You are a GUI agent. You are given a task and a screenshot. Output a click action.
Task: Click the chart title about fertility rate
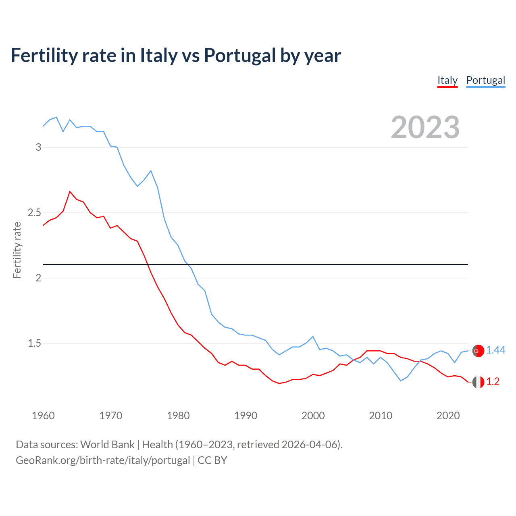pyautogui.click(x=176, y=55)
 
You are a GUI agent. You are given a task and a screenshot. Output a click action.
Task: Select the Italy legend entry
pyautogui.click(x=447, y=80)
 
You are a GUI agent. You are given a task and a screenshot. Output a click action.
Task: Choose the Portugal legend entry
pyautogui.click(x=485, y=80)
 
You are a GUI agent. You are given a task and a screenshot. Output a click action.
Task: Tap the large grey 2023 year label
pyautogui.click(x=425, y=127)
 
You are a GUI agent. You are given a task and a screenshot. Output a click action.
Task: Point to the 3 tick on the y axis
pyautogui.click(x=39, y=147)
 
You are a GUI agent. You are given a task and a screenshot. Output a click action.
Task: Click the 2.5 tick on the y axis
pyautogui.click(x=35, y=212)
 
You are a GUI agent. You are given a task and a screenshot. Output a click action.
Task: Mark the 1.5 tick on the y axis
pyautogui.click(x=35, y=343)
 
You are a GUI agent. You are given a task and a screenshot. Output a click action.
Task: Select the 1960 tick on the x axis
pyautogui.click(x=43, y=416)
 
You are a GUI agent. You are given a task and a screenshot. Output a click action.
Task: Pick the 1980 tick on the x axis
pyautogui.click(x=178, y=416)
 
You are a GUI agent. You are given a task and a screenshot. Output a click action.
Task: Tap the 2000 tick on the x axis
pyautogui.click(x=313, y=416)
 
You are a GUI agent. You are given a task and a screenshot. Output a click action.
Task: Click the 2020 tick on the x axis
pyautogui.click(x=448, y=416)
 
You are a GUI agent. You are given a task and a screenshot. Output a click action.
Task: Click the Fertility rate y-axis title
pyautogui.click(x=17, y=250)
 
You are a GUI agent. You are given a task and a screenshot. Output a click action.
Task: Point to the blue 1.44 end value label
pyautogui.click(x=495, y=350)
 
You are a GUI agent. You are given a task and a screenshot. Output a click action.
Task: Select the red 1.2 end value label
pyautogui.click(x=493, y=382)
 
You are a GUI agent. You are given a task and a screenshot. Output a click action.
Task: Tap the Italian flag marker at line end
pyautogui.click(x=478, y=382)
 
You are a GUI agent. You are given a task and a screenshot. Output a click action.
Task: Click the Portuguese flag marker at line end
pyautogui.click(x=478, y=351)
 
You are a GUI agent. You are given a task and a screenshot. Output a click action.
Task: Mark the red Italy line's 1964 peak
pyautogui.click(x=70, y=191)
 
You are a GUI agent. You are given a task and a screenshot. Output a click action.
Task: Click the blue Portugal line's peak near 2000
pyautogui.click(x=313, y=336)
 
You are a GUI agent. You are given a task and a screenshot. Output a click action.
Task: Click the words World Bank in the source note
pyautogui.click(x=107, y=445)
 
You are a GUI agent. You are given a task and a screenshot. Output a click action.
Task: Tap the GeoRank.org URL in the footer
pyautogui.click(x=103, y=460)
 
